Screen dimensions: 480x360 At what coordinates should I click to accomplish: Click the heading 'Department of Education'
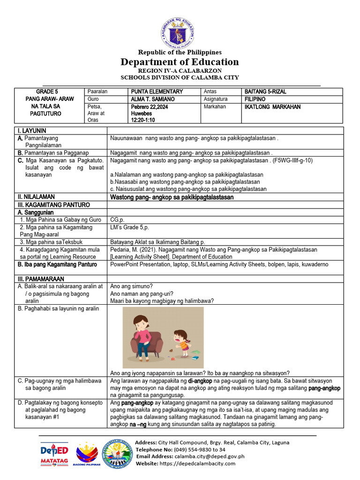click(180, 62)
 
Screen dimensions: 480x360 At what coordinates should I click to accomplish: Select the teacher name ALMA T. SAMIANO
click(153, 99)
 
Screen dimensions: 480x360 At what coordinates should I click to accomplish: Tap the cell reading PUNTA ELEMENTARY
click(157, 92)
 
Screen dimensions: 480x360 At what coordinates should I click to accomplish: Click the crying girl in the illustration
click(180, 341)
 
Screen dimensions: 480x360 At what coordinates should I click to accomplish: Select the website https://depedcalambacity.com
click(198, 463)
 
